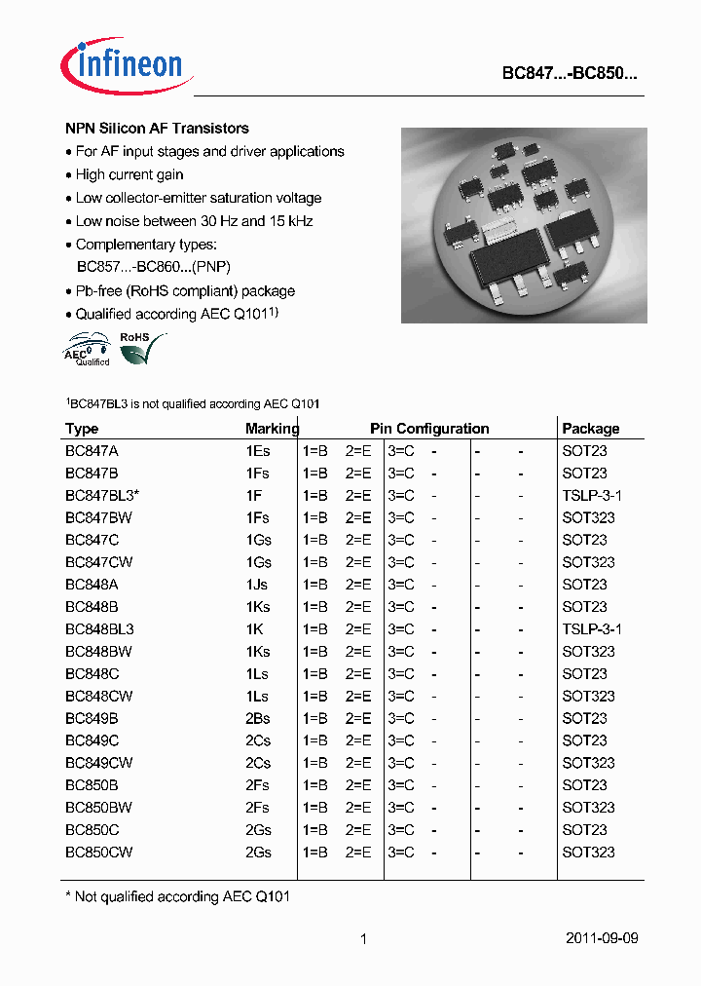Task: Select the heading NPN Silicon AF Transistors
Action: [157, 129]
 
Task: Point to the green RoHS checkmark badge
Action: [139, 348]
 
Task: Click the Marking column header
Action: [272, 429]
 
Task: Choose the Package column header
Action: [590, 429]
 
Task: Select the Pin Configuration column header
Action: [429, 429]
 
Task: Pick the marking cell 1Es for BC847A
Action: [258, 451]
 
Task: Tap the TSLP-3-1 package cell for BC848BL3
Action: [592, 629]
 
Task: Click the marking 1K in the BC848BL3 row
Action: [255, 629]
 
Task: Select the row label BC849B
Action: [92, 719]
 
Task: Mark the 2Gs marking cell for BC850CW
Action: [258, 853]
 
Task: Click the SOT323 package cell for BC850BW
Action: [588, 808]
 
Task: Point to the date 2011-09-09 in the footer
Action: [602, 939]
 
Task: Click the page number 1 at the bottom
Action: [363, 939]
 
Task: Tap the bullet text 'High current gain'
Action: [129, 174]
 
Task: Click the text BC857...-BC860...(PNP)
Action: [153, 267]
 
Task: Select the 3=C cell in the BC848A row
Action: [401, 585]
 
